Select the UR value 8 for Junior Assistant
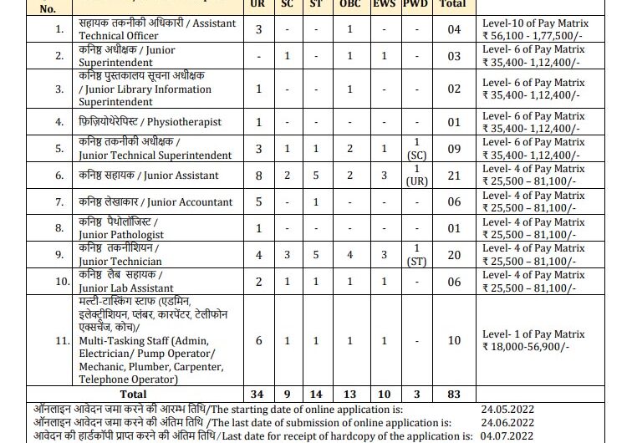(260, 175)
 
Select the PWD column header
(415, 4)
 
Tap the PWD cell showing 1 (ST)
(415, 256)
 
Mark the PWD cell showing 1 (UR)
(415, 175)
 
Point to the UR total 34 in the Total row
(260, 394)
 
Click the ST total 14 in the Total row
(315, 394)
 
